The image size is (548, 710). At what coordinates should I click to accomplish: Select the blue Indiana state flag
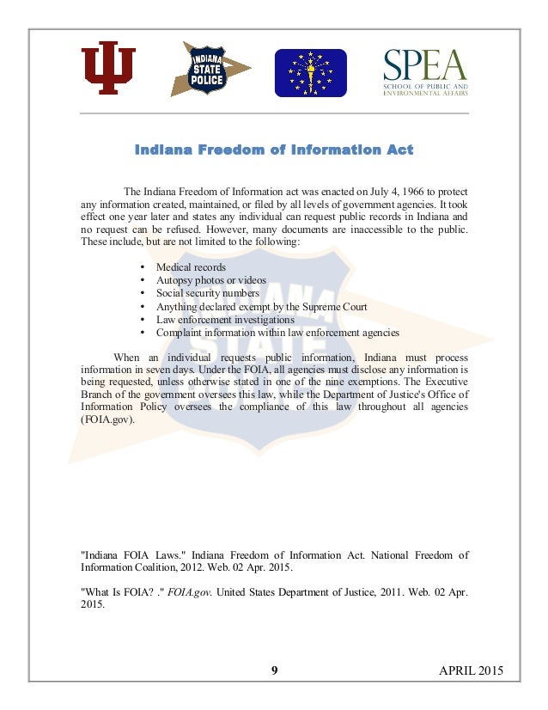pyautogui.click(x=310, y=73)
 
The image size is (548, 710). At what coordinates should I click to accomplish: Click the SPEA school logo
pyautogui.click(x=425, y=73)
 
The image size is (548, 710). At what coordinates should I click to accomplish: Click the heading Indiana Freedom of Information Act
pyautogui.click(x=274, y=150)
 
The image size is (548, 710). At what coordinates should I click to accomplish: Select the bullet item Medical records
pyautogui.click(x=191, y=267)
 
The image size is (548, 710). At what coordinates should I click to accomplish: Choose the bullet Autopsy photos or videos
pyautogui.click(x=210, y=280)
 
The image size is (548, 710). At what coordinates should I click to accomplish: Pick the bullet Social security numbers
pyautogui.click(x=209, y=293)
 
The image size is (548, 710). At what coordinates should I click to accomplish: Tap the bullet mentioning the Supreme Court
pyautogui.click(x=261, y=306)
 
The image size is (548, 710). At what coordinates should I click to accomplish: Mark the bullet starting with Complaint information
pyautogui.click(x=277, y=332)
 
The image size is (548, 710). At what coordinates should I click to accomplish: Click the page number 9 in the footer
pyautogui.click(x=274, y=670)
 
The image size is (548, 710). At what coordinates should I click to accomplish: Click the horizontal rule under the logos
pyautogui.click(x=274, y=113)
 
